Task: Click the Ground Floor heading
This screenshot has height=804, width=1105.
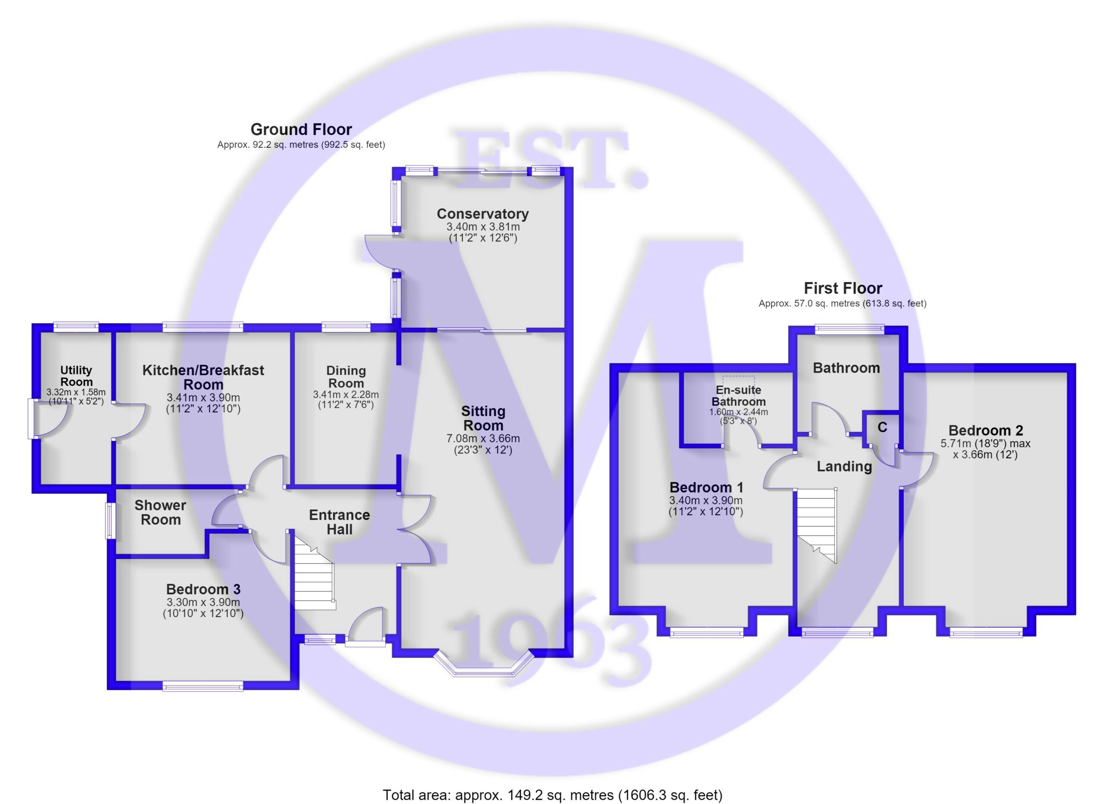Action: point(301,130)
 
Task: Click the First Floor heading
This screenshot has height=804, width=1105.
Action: point(843,288)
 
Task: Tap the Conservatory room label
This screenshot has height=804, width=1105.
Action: point(483,214)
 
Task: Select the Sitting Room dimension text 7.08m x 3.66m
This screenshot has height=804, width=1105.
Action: point(483,439)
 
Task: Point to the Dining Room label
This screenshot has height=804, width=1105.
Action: point(346,377)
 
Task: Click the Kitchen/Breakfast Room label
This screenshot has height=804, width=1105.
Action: point(203,377)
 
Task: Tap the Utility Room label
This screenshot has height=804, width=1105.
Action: point(76,376)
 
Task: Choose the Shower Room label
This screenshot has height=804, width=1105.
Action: point(160,513)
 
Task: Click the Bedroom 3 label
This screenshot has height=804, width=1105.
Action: point(203,589)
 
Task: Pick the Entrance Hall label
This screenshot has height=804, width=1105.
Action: point(340,522)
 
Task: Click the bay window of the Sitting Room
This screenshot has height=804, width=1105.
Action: point(483,664)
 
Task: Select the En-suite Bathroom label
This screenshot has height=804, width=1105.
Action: point(739,396)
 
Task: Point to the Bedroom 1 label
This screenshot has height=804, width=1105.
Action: point(706,487)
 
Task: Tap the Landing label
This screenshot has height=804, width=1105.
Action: point(844,467)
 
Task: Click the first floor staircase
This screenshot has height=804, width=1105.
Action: point(817,526)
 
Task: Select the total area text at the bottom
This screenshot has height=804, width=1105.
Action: point(552,795)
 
